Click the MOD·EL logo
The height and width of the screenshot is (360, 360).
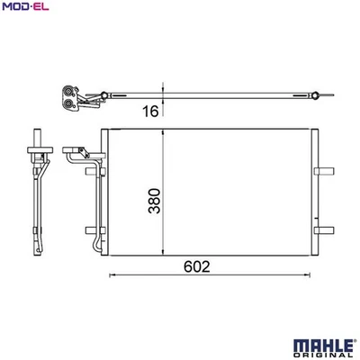[x=24, y=8]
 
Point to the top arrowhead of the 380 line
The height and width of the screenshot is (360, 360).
[x=162, y=132]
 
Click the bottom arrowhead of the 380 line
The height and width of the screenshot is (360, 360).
[x=162, y=256]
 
